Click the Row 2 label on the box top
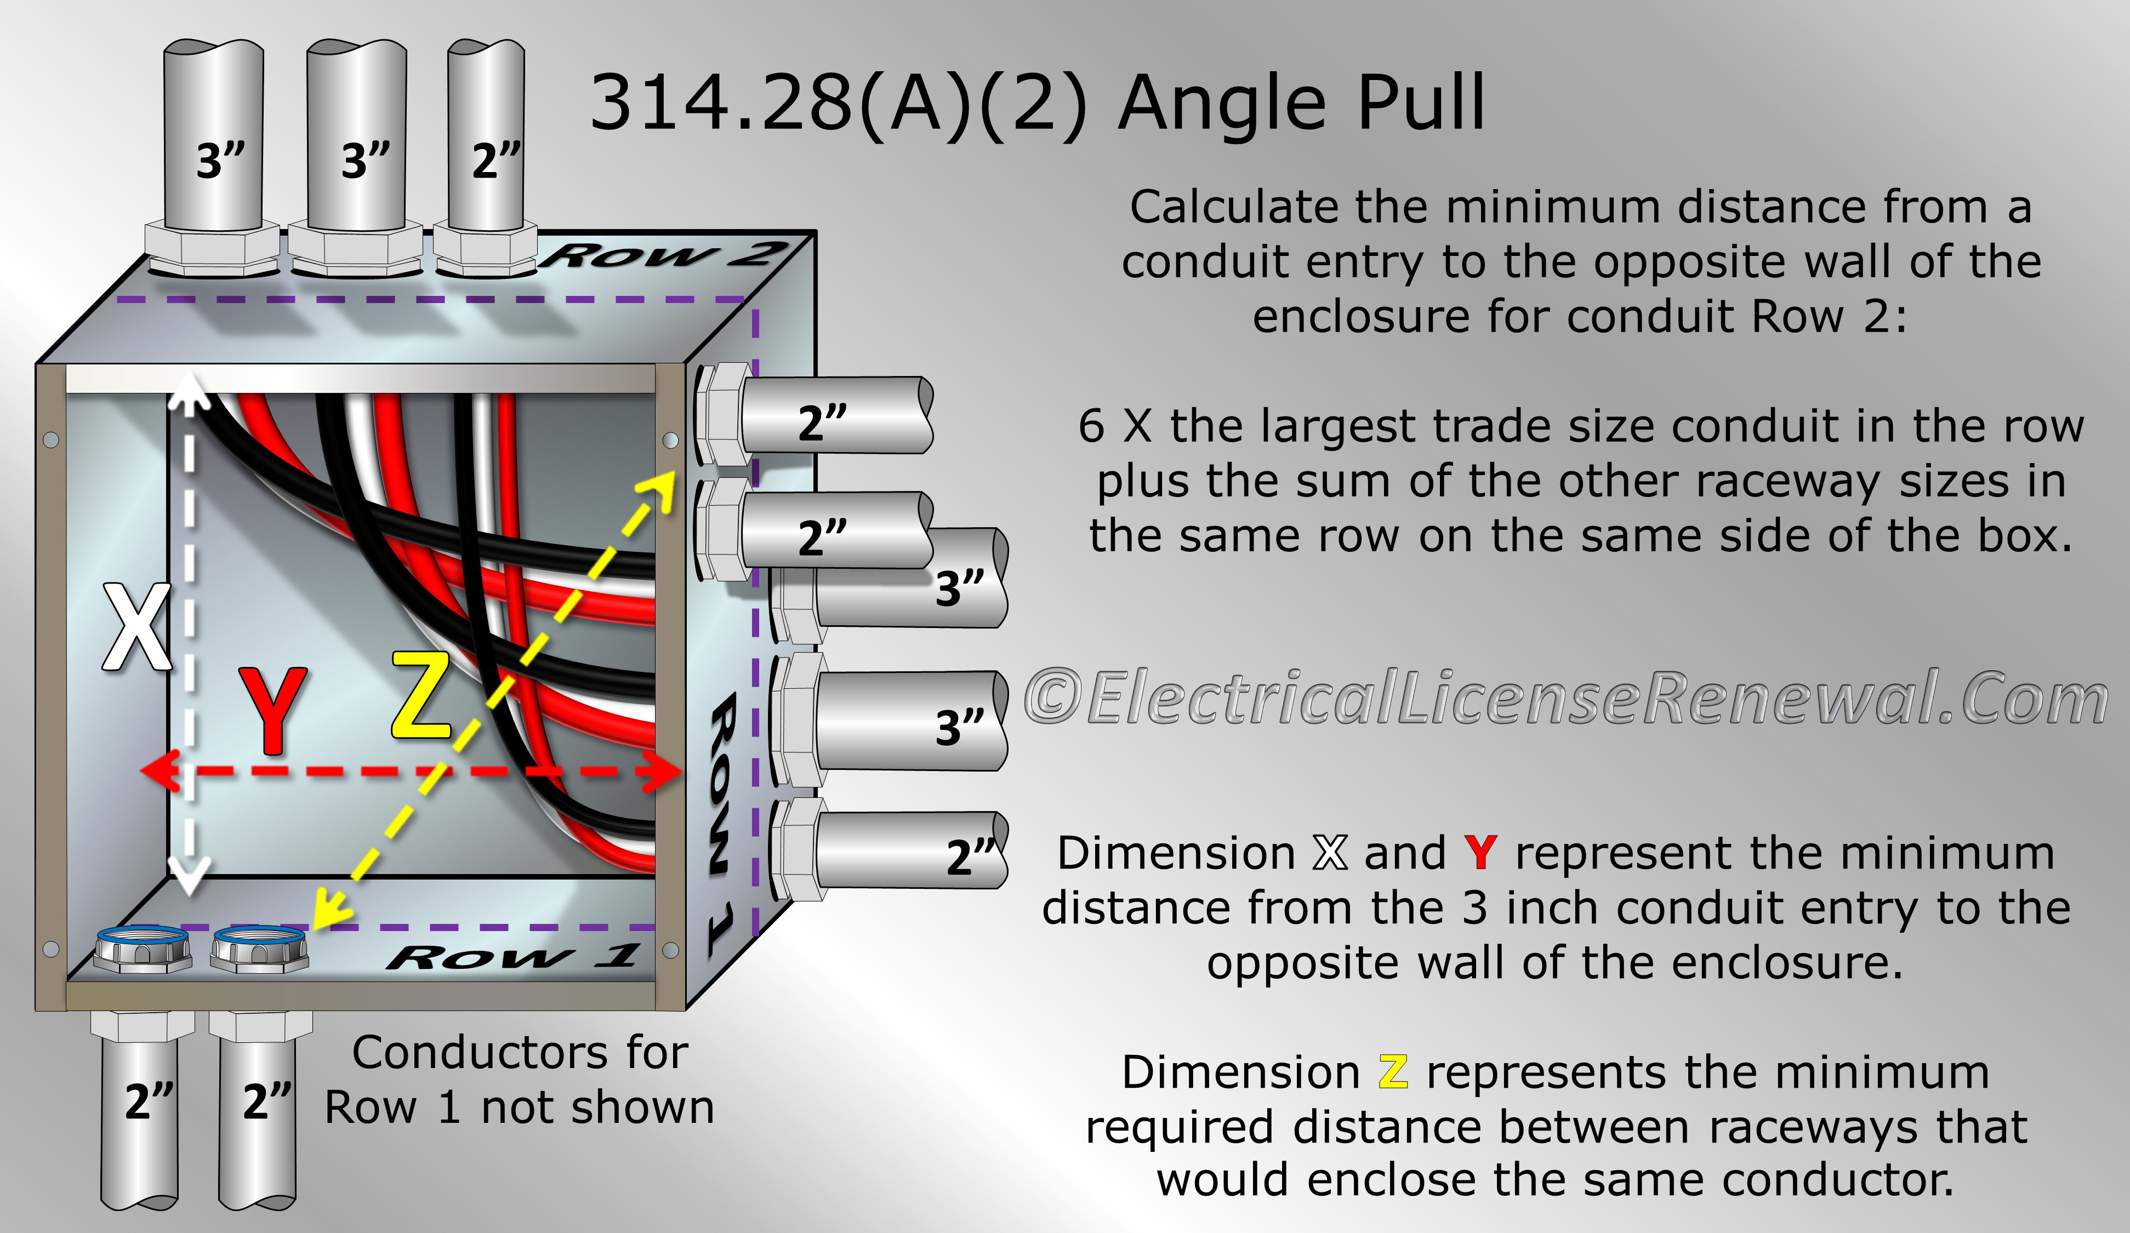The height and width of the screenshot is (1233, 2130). pos(665,254)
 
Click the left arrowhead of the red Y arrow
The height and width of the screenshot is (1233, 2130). pos(160,770)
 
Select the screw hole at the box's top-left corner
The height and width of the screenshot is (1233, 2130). pos(51,439)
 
